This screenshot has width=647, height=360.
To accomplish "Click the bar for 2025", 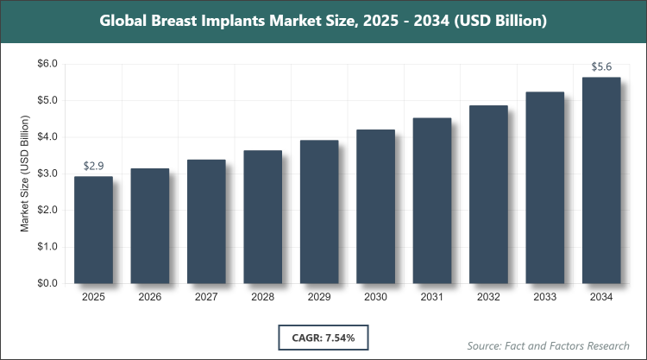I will pyautogui.click(x=93, y=230).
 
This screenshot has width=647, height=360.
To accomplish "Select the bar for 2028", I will pyautogui.click(x=262, y=217).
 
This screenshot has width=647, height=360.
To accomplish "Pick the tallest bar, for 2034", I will pyautogui.click(x=601, y=180).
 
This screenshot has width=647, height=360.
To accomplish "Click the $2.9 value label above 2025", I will pyautogui.click(x=93, y=166).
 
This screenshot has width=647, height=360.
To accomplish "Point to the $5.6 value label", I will pyautogui.click(x=601, y=66).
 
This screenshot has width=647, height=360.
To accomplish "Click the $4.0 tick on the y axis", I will pyautogui.click(x=46, y=137).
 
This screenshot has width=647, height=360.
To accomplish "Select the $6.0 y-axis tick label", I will pyautogui.click(x=46, y=64).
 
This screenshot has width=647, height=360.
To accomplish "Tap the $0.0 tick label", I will pyautogui.click(x=46, y=283).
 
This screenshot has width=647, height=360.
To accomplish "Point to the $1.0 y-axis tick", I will pyautogui.click(x=46, y=247).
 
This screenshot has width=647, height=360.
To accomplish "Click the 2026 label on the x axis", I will pyautogui.click(x=149, y=298).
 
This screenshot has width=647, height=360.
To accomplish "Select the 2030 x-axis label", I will pyautogui.click(x=375, y=298).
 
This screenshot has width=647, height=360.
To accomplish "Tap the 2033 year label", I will pyautogui.click(x=545, y=298).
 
